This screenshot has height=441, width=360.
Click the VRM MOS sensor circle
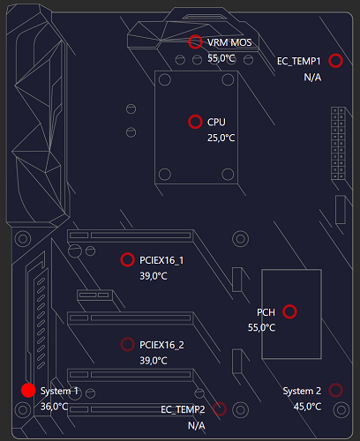pyautogui.click(x=195, y=41)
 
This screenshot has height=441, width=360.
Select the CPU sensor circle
pyautogui.click(x=195, y=122)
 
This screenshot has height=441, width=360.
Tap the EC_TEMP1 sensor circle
pyautogui.click(x=335, y=61)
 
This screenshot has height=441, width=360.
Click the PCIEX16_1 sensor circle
pyautogui.click(x=127, y=259)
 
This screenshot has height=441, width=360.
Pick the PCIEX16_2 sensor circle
pyautogui.click(x=127, y=344)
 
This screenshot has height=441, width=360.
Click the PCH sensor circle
pyautogui.click(x=289, y=311)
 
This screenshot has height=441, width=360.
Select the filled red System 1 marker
pyautogui.click(x=27, y=390)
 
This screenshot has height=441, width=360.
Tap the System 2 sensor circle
pyautogui.click(x=335, y=390)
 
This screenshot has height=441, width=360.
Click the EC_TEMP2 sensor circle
pyautogui.click(x=220, y=408)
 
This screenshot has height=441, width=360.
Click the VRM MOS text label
pyautogui.click(x=229, y=42)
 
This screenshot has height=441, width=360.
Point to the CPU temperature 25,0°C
pyautogui.click(x=221, y=138)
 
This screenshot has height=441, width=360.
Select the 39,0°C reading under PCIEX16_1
pyautogui.click(x=154, y=276)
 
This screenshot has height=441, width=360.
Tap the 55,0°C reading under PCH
pyautogui.click(x=262, y=328)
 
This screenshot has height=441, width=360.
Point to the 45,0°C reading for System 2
pyautogui.click(x=307, y=407)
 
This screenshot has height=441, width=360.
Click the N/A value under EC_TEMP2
pyautogui.click(x=196, y=425)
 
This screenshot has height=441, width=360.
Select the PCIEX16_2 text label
pyautogui.click(x=161, y=344)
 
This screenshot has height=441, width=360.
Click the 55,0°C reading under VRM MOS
pyautogui.click(x=221, y=58)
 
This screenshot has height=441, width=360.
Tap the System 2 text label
pyautogui.click(x=302, y=391)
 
